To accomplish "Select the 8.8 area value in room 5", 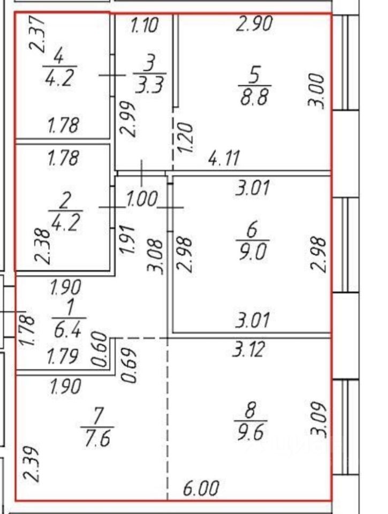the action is pyautogui.click(x=254, y=98).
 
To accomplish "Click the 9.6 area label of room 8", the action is pyautogui.click(x=250, y=432).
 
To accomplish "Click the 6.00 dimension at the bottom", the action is pyautogui.click(x=200, y=488).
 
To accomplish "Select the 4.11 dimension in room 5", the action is pyautogui.click(x=224, y=158).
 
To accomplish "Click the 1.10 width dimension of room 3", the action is pyautogui.click(x=144, y=25).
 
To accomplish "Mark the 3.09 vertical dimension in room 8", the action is pyautogui.click(x=319, y=421).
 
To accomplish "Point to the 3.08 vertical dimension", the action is pyautogui.click(x=157, y=257).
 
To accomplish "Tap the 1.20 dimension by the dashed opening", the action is pyautogui.click(x=186, y=138).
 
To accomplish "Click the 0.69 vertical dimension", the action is pyautogui.click(x=130, y=366).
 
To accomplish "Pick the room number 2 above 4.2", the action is pyautogui.click(x=65, y=201).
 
